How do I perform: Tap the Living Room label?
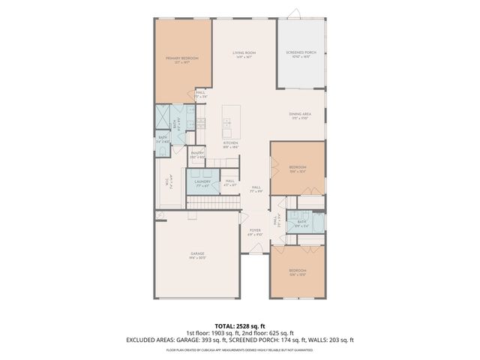point(244,55)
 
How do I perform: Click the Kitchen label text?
point(230,145)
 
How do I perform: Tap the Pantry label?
point(197,154)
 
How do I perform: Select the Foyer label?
point(254,232)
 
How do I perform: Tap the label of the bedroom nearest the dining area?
point(298,169)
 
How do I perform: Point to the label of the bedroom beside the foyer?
point(298,271)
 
